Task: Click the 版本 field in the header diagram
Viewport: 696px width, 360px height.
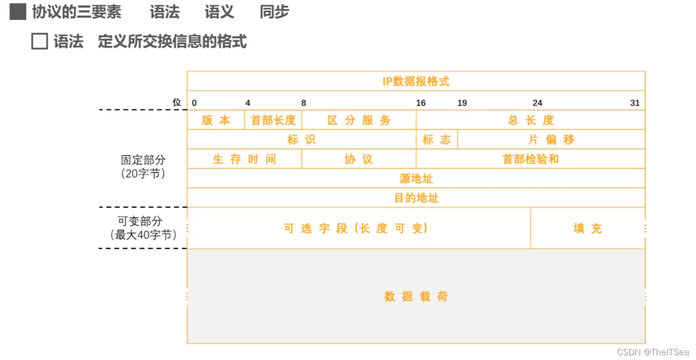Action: pyautogui.click(x=216, y=120)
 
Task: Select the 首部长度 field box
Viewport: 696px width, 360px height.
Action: pyautogui.click(x=273, y=120)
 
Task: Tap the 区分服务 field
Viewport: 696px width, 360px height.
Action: pyautogui.click(x=359, y=120)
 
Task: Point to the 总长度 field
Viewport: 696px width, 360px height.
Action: pyautogui.click(x=531, y=120)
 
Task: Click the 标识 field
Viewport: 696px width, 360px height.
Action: pyautogui.click(x=301, y=139)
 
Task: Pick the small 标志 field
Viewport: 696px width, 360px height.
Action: pyautogui.click(x=437, y=139)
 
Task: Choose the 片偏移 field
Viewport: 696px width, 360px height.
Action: pyautogui.click(x=551, y=139)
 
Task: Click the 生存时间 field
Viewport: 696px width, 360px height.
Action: pyautogui.click(x=244, y=159)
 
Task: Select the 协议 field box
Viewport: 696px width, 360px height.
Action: pyautogui.click(x=359, y=159)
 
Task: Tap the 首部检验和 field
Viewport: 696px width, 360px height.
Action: pyautogui.click(x=531, y=159)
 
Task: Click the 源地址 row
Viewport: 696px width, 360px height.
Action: pyautogui.click(x=416, y=179)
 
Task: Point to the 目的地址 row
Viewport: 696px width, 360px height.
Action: pyautogui.click(x=416, y=198)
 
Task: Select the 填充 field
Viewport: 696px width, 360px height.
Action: pyautogui.click(x=588, y=229)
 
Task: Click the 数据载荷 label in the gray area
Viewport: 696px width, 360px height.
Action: pyautogui.click(x=416, y=297)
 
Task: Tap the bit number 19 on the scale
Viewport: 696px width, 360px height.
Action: pyautogui.click(x=462, y=103)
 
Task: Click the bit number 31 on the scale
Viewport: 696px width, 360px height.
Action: pyautogui.click(x=635, y=103)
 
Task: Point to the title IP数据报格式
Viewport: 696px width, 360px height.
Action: pyautogui.click(x=416, y=81)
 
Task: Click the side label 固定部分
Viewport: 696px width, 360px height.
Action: pyautogui.click(x=143, y=160)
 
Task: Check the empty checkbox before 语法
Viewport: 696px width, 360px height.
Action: pyautogui.click(x=39, y=42)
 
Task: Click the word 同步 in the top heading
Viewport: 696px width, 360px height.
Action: pyautogui.click(x=274, y=12)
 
